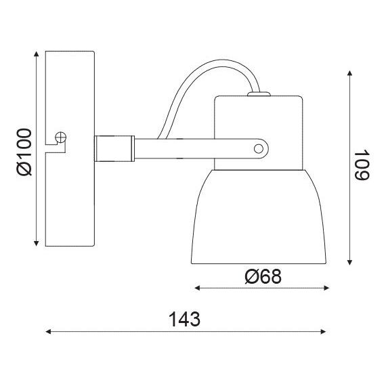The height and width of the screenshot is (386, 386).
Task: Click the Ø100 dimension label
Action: pyautogui.click(x=24, y=152)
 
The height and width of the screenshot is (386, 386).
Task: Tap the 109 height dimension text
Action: pyautogui.click(x=362, y=165)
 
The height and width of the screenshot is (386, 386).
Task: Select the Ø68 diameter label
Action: pyautogui.click(x=263, y=276)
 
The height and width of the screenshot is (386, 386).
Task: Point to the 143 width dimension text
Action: pyautogui.click(x=184, y=319)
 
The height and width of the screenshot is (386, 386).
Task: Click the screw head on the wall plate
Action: pyautogui.click(x=60, y=137)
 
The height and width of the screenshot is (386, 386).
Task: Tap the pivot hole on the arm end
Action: pyautogui.click(x=258, y=149)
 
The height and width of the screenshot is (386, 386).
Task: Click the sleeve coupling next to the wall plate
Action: pyautogui.click(x=114, y=148)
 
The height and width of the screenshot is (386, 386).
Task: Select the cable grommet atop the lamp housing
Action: pyautogui.click(x=259, y=94)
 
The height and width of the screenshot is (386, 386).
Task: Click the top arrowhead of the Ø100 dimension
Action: pyautogui.click(x=36, y=54)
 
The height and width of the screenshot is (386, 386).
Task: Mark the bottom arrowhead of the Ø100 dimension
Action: pyautogui.click(x=36, y=243)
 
